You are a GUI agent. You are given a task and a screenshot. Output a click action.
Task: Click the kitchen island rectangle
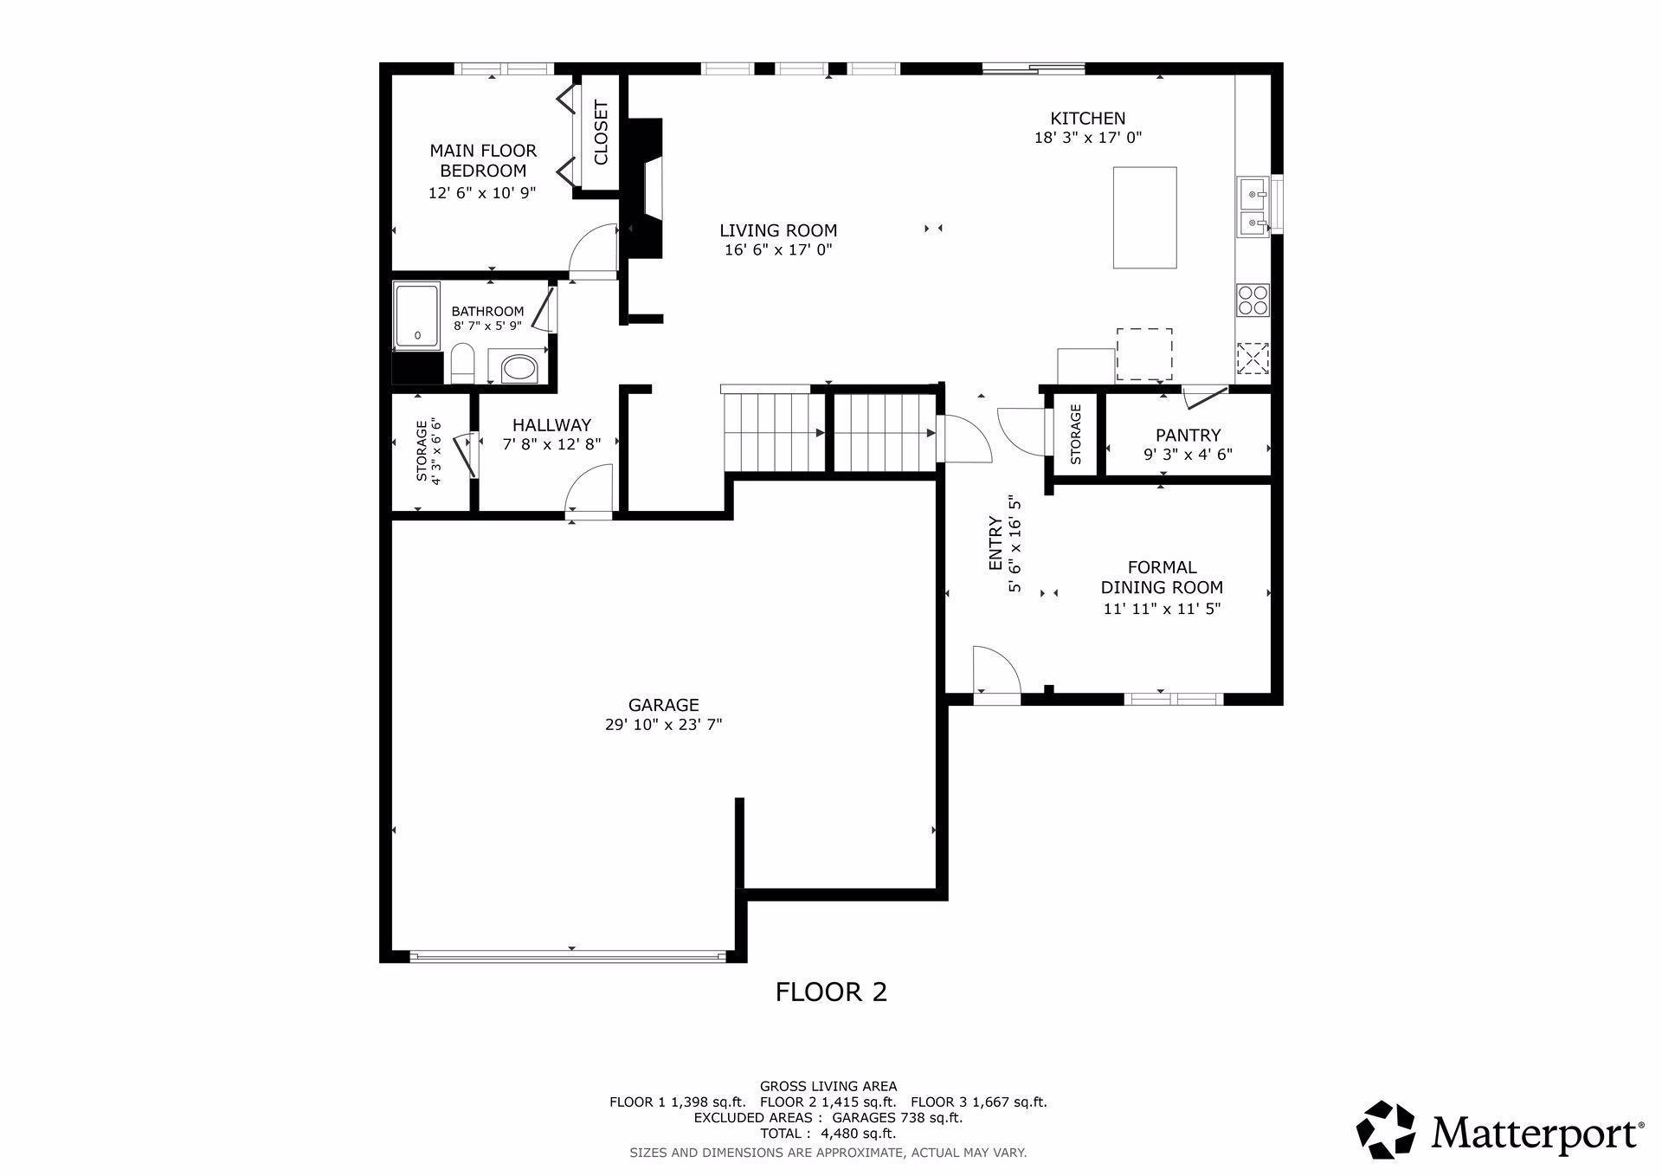(x=1144, y=217)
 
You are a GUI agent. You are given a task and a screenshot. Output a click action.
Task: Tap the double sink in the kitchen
(x=1253, y=206)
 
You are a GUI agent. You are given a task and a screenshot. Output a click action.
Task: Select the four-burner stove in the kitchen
(x=1253, y=300)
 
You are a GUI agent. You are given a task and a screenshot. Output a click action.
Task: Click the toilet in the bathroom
(x=463, y=364)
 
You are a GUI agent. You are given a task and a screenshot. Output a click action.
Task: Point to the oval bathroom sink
(x=519, y=368)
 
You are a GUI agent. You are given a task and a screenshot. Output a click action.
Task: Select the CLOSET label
(x=601, y=132)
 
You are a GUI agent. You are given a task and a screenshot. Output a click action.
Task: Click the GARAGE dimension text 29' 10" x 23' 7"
(x=663, y=725)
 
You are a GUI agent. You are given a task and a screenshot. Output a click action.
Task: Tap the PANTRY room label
(x=1188, y=436)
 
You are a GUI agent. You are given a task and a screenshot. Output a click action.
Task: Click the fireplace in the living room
(x=645, y=190)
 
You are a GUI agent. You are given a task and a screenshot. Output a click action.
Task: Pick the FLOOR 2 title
(x=831, y=992)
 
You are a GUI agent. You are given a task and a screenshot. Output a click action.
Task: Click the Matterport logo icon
(x=1385, y=1129)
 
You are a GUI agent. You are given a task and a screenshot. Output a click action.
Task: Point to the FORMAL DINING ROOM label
(x=1162, y=578)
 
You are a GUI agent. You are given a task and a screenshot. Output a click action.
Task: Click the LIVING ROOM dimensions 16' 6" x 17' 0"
(x=778, y=250)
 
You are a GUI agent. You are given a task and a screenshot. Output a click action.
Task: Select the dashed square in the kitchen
(x=1143, y=354)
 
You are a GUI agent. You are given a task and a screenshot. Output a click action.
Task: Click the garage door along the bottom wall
(x=567, y=956)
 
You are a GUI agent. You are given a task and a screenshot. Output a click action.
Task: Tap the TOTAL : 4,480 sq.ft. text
(x=828, y=1134)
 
